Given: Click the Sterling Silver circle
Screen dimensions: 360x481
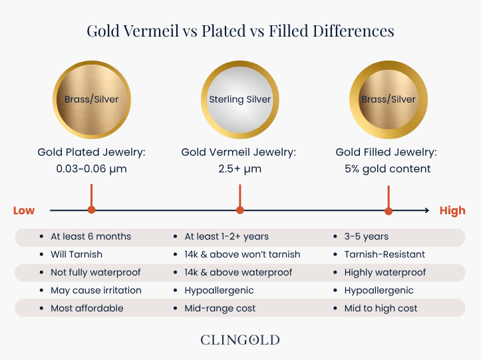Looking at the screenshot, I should click(x=240, y=100).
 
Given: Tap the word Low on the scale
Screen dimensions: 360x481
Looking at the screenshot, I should click(x=24, y=211).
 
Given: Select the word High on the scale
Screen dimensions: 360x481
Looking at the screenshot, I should click(x=452, y=211).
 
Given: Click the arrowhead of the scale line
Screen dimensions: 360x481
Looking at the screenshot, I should click(x=426, y=211).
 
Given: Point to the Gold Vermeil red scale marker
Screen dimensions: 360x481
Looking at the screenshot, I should click(x=240, y=210).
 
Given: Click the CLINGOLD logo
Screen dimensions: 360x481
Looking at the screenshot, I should click(x=240, y=340).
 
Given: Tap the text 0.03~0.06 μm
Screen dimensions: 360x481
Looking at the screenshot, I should click(x=92, y=169).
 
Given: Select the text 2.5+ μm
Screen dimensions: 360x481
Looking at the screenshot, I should click(x=240, y=169).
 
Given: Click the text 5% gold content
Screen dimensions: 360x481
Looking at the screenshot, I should click(x=388, y=169).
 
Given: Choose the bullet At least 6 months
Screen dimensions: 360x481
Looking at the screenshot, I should click(x=90, y=236).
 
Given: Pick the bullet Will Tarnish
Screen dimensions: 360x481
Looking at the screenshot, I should click(x=77, y=254).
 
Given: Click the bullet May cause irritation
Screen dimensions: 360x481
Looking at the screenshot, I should click(x=96, y=290).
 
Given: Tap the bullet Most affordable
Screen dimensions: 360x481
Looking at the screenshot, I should click(x=87, y=308).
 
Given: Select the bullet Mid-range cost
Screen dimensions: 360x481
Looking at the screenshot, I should click(x=220, y=308).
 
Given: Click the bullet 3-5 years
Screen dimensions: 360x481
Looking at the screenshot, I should click(x=366, y=236).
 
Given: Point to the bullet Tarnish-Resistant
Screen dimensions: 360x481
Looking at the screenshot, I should click(x=385, y=254).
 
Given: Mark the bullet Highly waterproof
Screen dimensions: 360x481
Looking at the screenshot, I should click(x=385, y=272).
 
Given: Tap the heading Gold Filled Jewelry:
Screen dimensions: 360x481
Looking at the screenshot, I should click(x=388, y=152).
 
